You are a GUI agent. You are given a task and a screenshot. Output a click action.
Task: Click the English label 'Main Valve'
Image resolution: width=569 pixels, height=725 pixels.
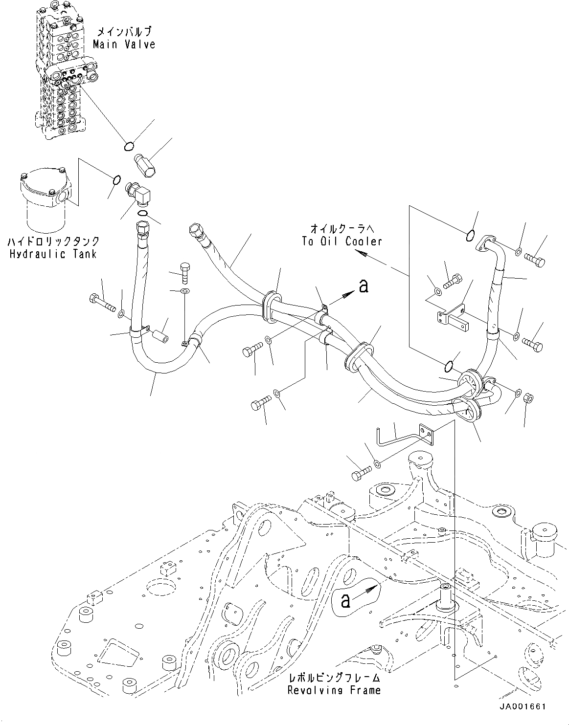coord(124,44)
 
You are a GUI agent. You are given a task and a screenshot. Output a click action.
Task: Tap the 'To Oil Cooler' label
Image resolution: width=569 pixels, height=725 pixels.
coord(341,241)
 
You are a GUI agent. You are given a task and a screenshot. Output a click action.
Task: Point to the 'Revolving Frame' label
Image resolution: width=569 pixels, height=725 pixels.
coord(334,690)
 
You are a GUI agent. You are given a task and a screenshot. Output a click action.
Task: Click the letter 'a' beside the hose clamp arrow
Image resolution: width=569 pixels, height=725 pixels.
coord(363,286)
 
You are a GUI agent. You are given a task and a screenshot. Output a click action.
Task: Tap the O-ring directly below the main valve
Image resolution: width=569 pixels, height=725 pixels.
coord(129,146)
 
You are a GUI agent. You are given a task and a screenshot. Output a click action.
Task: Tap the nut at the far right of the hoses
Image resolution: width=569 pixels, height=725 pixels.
coord(528,397)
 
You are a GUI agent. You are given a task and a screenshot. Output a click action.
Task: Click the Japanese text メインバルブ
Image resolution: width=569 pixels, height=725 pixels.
coord(124,32)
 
